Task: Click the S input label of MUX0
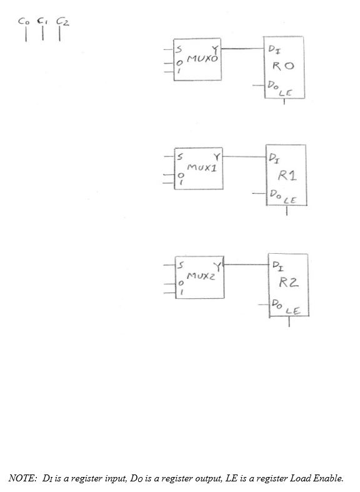tap(179, 49)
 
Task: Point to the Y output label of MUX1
tap(216, 156)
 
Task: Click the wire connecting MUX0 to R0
tap(244, 48)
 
